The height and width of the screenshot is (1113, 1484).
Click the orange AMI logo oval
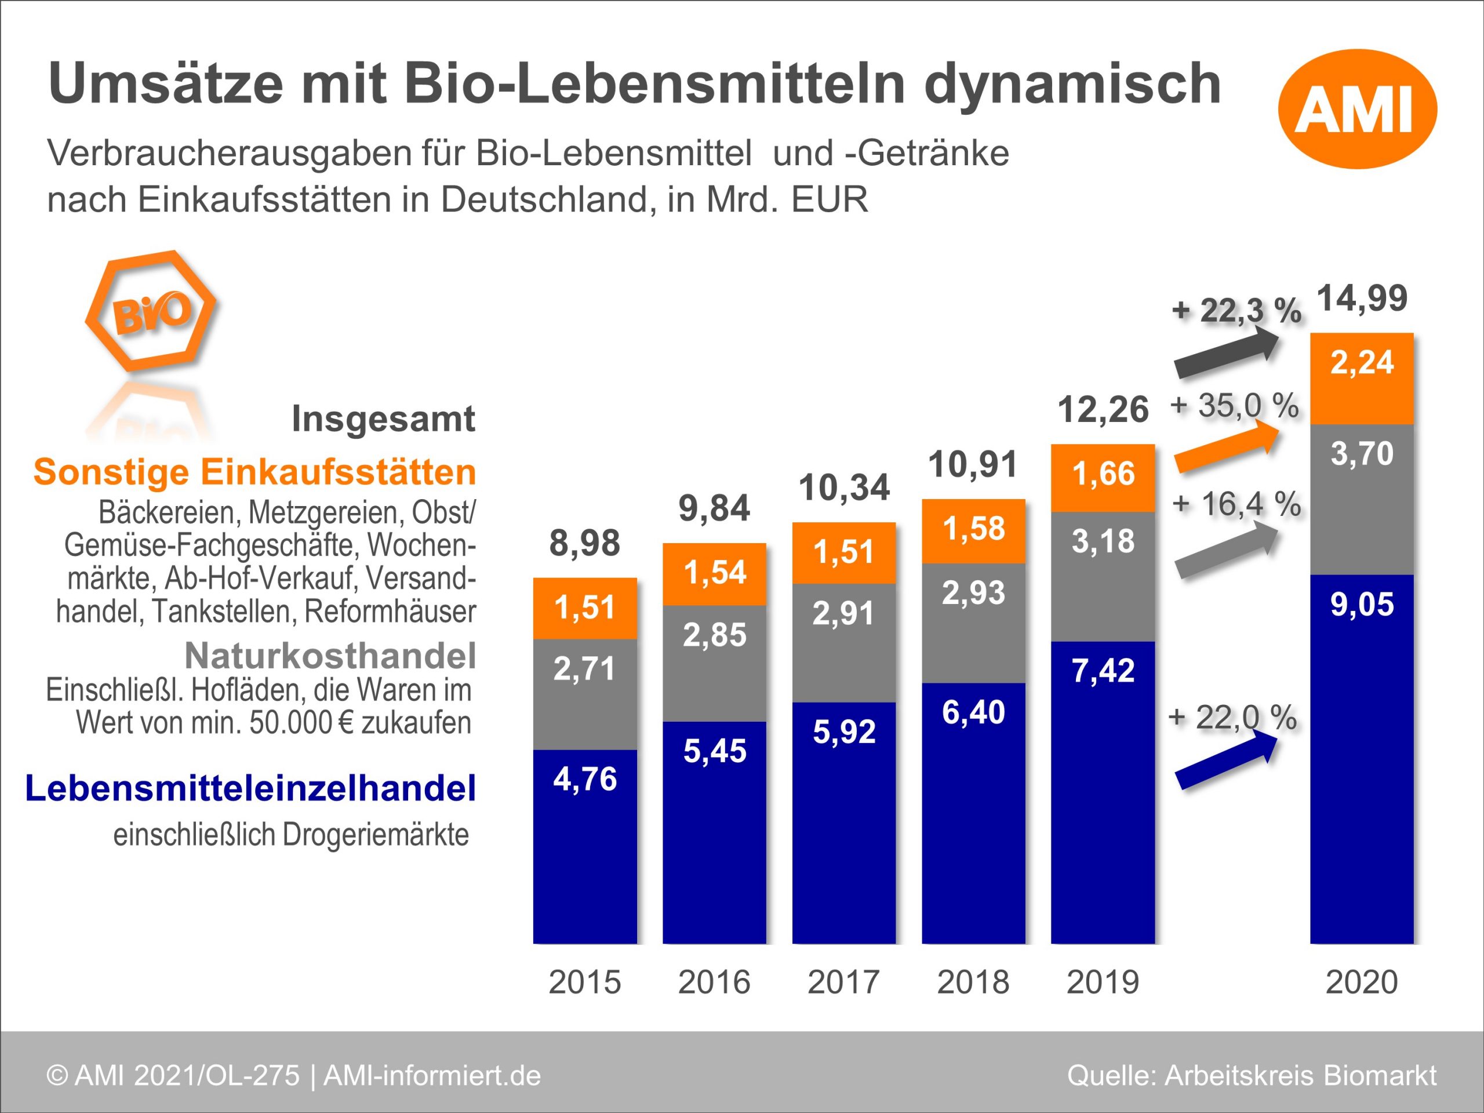[x=1357, y=108]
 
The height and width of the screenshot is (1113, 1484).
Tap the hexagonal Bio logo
[x=151, y=311]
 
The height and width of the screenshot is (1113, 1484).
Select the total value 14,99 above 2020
[x=1362, y=299]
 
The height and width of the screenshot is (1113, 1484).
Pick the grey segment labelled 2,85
[x=715, y=663]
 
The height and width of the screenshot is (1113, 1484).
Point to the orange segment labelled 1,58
[x=973, y=530]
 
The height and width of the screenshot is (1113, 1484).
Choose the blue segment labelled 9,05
[x=1362, y=758]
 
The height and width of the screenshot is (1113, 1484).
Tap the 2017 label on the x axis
[x=843, y=982]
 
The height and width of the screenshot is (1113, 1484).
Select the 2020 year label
[x=1362, y=982]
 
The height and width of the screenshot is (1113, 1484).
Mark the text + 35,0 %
[x=1234, y=406]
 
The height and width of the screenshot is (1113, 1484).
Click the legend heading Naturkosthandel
[x=330, y=656]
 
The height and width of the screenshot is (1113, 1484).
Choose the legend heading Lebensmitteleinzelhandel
[x=250, y=788]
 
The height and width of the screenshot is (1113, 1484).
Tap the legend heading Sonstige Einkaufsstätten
[x=255, y=472]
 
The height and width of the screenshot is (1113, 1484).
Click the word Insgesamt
[x=383, y=419]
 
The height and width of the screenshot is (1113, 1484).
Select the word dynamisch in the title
[x=1072, y=84]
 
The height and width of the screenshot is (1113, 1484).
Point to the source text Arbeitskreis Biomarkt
[x=1300, y=1075]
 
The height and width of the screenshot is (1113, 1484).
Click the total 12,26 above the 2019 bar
[x=1103, y=410]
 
